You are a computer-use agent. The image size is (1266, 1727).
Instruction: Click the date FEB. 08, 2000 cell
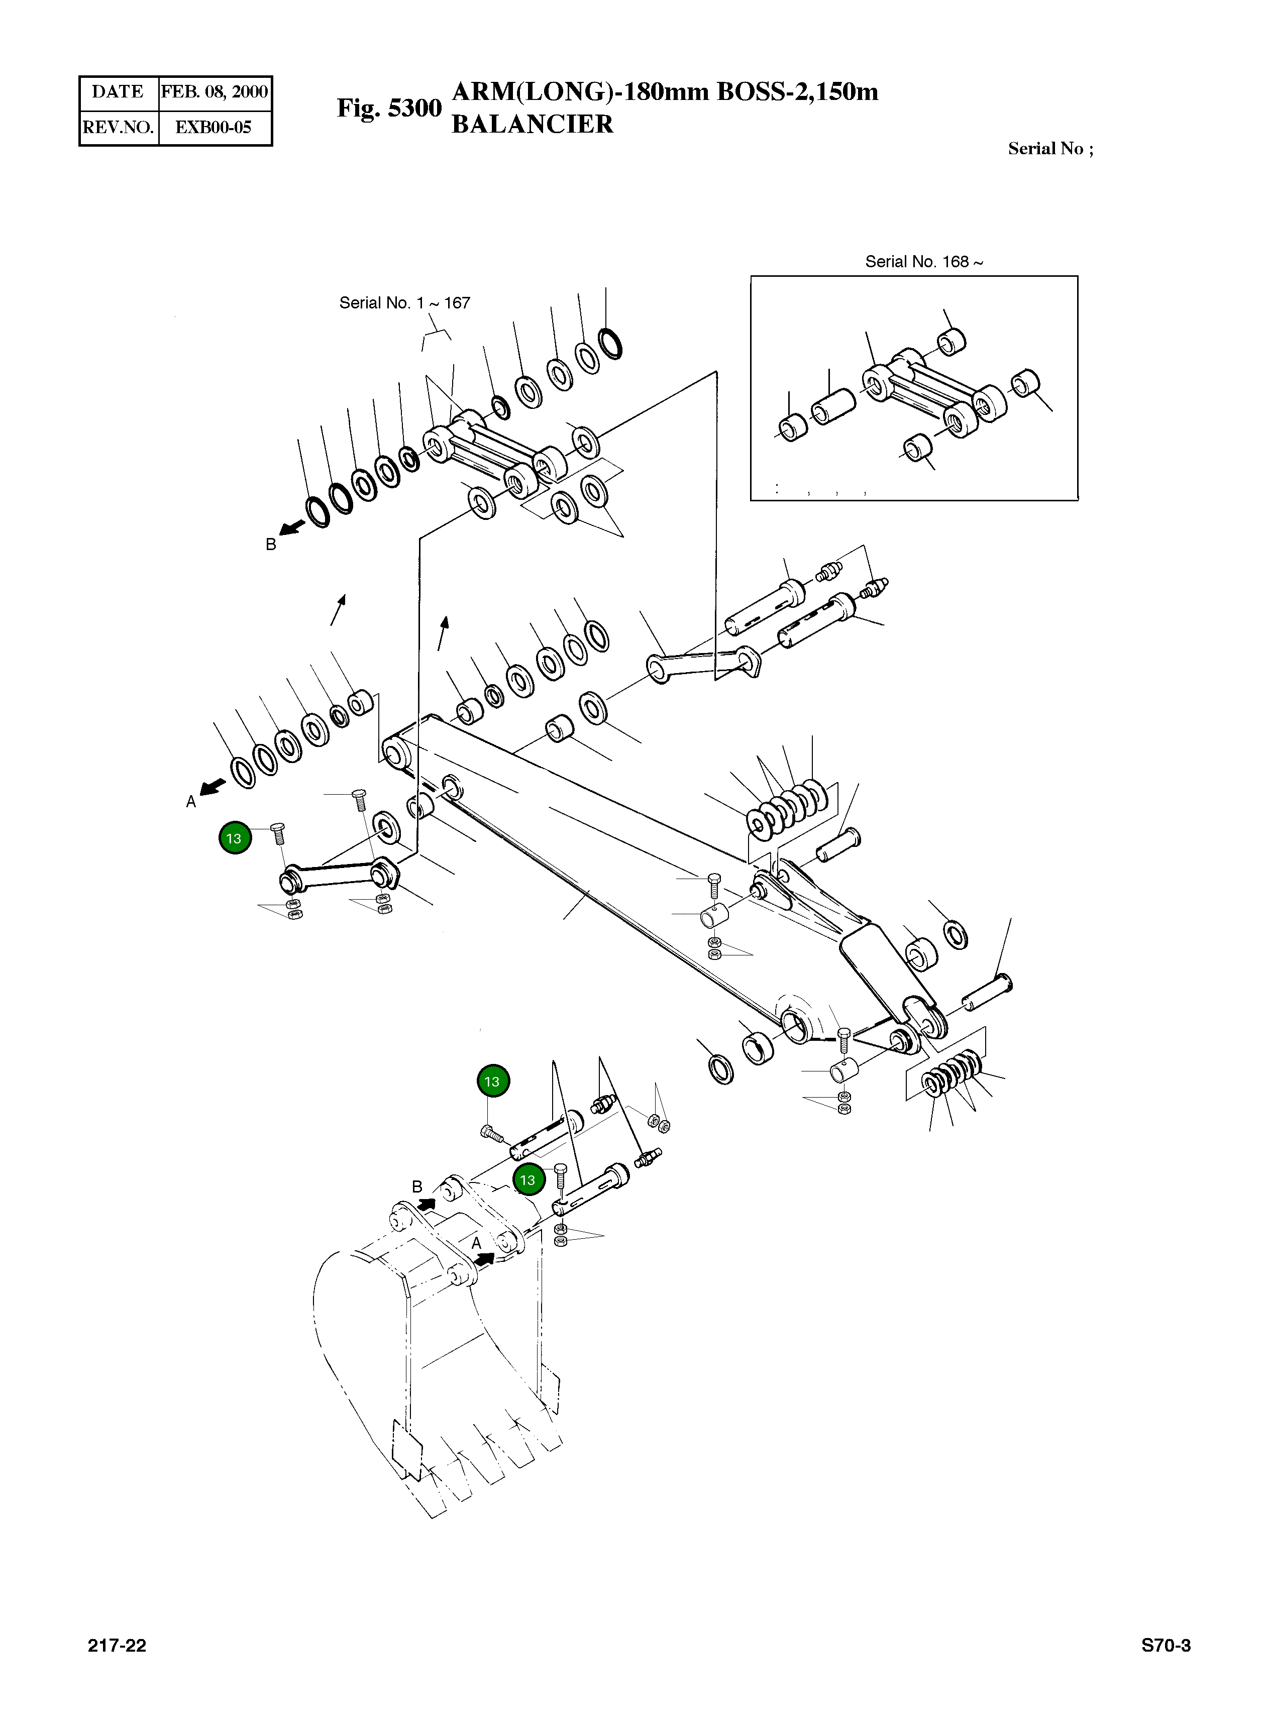coord(214,92)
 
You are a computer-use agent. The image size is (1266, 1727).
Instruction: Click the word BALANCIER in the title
coord(532,124)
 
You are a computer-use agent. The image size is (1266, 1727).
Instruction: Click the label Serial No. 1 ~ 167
coord(404,302)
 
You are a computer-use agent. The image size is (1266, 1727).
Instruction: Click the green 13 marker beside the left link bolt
coord(235,838)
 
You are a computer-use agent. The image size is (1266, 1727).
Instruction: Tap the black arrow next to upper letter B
coord(292,528)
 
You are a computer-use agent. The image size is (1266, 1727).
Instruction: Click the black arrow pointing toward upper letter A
coord(213,787)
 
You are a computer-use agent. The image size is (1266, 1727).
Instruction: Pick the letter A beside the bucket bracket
coord(476,1242)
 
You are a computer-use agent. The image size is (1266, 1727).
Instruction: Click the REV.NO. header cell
coord(119,127)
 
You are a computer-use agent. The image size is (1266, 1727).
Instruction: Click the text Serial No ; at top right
coord(1050,149)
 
